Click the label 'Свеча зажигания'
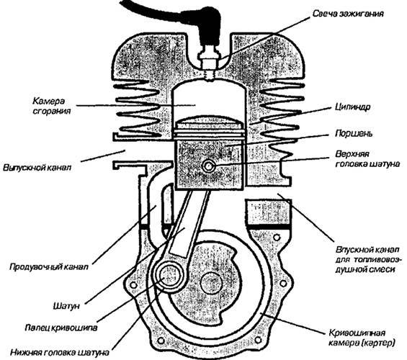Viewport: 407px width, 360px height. tap(348, 14)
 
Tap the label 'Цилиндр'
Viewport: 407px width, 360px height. tap(353, 107)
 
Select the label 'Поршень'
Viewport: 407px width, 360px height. tap(354, 134)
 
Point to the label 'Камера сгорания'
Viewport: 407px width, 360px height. tap(52, 106)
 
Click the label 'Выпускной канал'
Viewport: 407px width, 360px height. tap(37, 168)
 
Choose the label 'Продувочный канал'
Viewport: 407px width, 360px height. tap(49, 266)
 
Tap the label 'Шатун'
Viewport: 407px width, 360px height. tap(66, 306)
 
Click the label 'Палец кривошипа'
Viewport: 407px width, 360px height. tap(61, 328)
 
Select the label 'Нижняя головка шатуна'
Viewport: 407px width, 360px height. tap(60, 353)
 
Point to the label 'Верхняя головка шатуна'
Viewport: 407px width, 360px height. tap(367, 159)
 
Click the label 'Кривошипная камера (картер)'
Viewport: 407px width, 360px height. tap(362, 338)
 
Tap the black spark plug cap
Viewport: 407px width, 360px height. tap(207, 26)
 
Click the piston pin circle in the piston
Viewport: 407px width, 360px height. tap(209, 166)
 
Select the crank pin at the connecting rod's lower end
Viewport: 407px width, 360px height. tap(168, 276)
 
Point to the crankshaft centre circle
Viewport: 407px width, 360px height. tap(211, 283)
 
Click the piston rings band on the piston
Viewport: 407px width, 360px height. tap(209, 132)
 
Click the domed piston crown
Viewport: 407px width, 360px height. tap(209, 120)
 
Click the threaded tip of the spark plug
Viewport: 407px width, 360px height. tap(210, 75)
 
